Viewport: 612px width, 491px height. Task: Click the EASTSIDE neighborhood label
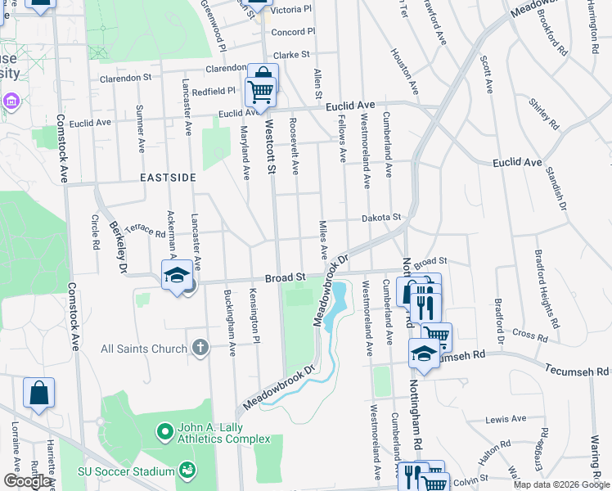point(168,178)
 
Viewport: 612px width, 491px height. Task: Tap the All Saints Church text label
point(143,349)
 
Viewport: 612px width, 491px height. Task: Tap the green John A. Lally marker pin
point(164,430)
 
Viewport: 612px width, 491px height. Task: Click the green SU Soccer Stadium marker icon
point(187,471)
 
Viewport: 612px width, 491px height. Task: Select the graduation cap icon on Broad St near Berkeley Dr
point(176,275)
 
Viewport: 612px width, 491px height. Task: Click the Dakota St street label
point(382,218)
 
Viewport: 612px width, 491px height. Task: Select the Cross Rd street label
point(530,336)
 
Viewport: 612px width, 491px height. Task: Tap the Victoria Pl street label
point(291,10)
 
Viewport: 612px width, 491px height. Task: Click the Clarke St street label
point(291,55)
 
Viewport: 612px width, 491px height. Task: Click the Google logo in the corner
point(28,481)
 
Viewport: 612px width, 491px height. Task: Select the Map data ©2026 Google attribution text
point(561,484)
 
